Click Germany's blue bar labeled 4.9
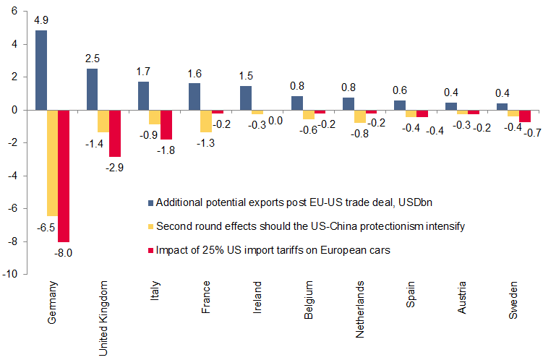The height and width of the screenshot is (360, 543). coord(41,70)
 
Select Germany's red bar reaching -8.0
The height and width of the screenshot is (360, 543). coord(64,176)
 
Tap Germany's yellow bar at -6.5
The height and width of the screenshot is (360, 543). coord(52,163)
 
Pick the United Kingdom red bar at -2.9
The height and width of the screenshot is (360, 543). coord(115,134)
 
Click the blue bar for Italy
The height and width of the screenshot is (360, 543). coord(143,95)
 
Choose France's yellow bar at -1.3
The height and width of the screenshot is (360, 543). coord(205,121)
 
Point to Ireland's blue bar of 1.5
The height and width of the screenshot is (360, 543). coord(245,98)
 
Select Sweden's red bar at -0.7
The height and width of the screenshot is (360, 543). coord(525,116)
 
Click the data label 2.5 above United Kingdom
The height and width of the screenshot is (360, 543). coord(92,58)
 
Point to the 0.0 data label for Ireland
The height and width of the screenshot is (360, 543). coord(275,121)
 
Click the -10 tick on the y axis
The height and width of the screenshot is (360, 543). coord(12,275)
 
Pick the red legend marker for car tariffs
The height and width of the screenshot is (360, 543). coord(150,251)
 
